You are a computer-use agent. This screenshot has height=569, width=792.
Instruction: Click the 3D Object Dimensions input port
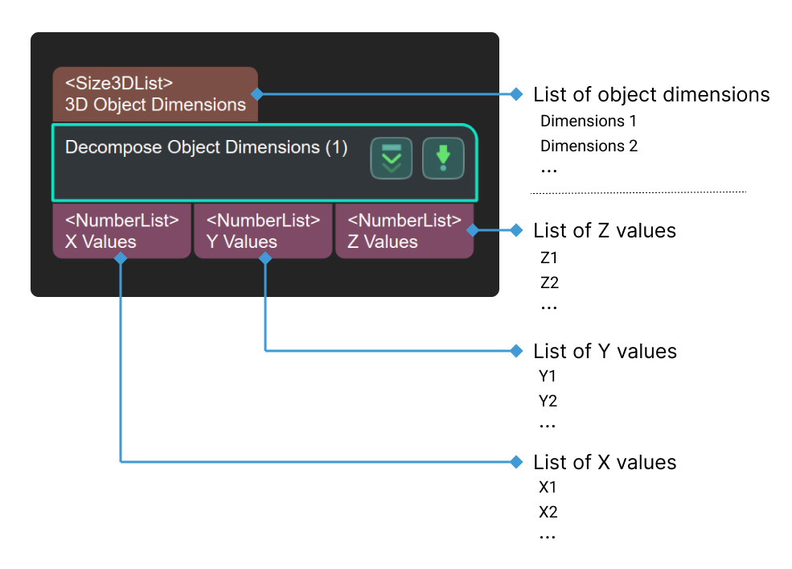pos(155,94)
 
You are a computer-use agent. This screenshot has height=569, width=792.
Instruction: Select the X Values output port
pos(122,231)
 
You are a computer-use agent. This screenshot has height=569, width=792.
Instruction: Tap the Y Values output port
pos(263,231)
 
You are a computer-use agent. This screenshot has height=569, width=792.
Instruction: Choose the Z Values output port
pos(404,231)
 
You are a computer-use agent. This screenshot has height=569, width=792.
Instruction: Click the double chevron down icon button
pos(391,159)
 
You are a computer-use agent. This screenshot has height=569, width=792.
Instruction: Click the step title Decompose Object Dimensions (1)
pos(206,148)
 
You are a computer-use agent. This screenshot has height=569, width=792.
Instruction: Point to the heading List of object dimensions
pos(650,95)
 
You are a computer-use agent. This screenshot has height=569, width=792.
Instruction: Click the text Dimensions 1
pos(588,122)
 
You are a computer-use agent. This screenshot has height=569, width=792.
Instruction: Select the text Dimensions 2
pos(589,146)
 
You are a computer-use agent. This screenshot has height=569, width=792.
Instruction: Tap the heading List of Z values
pos(604,231)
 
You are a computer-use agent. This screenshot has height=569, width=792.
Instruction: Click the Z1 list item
pos(549,258)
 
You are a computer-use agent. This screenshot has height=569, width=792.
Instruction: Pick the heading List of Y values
pos(605,352)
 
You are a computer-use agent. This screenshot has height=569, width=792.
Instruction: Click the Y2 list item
pos(548,401)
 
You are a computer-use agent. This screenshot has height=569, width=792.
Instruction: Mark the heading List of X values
pos(605,463)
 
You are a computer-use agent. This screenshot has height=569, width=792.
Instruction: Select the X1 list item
pos(548,487)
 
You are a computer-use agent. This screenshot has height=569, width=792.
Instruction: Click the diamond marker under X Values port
pos(121,258)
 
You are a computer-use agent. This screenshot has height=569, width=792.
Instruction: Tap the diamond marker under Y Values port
pos(265,258)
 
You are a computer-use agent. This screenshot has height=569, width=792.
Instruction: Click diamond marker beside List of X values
pos(517,462)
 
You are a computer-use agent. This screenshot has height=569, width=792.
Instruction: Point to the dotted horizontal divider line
pos(638,192)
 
